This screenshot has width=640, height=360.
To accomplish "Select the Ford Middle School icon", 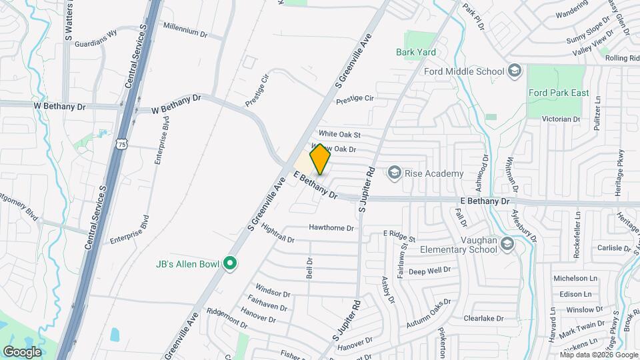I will [x=514, y=71].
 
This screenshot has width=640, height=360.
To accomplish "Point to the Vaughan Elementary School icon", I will [x=507, y=245].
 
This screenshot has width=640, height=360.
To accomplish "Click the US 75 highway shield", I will [x=121, y=143].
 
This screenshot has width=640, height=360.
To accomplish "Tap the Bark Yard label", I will [x=415, y=52].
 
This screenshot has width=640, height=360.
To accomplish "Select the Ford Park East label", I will [x=558, y=93].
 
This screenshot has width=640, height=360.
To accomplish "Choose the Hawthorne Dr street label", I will [x=331, y=228].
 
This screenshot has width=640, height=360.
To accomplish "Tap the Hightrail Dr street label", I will [x=278, y=233].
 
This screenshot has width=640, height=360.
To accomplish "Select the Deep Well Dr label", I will [x=430, y=271].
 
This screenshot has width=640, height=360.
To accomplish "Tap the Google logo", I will [x=22, y=351].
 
